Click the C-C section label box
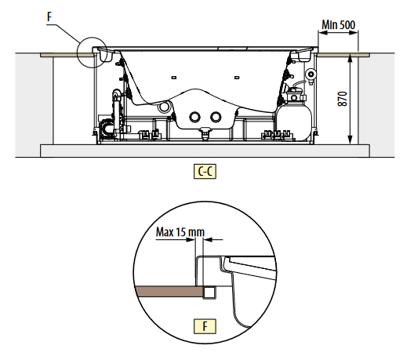pyautogui.click(x=205, y=172)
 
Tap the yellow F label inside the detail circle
pyautogui.click(x=205, y=326)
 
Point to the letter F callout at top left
pyautogui.click(x=49, y=17)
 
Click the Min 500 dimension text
pyautogui.click(x=338, y=25)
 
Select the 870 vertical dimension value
pyautogui.click(x=343, y=99)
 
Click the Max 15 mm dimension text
pyautogui.click(x=180, y=232)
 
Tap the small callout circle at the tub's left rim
pyautogui.click(x=92, y=53)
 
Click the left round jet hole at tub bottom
pyautogui.click(x=195, y=117)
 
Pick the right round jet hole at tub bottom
pyautogui.click(x=216, y=117)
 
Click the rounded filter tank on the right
pyautogui.click(x=293, y=122)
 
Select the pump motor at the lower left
pyautogui.click(x=106, y=126)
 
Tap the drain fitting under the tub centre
pyautogui.click(x=205, y=132)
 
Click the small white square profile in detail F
pyautogui.click(x=209, y=293)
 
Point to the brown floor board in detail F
pyautogui.click(x=169, y=291)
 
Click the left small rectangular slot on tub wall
pyautogui.click(x=174, y=78)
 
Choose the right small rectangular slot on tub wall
pyautogui.click(x=237, y=78)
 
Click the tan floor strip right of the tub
pyautogui.click(x=343, y=55)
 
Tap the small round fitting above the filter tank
pyautogui.click(x=311, y=74)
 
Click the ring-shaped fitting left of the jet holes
pyautogui.click(x=164, y=107)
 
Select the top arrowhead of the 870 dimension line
pyautogui.click(x=350, y=58)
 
